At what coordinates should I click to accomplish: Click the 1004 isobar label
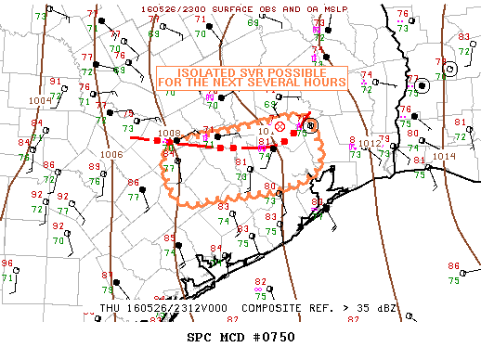click(x=40, y=100)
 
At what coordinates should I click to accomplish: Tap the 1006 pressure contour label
click(x=112, y=155)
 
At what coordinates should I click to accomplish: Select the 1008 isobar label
click(x=169, y=134)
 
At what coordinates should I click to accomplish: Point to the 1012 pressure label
click(x=370, y=144)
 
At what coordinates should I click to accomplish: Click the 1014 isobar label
click(x=445, y=156)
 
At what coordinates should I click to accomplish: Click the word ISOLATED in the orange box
click(x=203, y=71)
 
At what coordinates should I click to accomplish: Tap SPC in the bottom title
click(x=200, y=337)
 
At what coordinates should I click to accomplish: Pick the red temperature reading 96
click(x=7, y=264)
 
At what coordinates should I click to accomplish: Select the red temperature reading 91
click(x=55, y=82)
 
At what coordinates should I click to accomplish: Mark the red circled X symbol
click(x=280, y=126)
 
